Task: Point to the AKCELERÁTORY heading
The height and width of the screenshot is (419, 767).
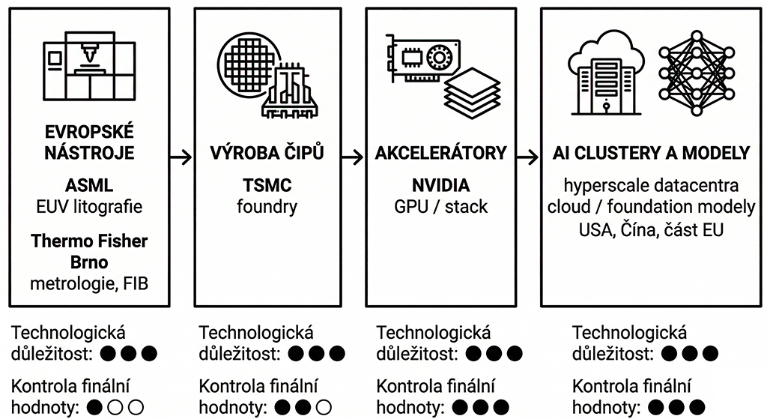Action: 440,154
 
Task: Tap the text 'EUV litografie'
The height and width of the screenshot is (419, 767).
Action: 89,205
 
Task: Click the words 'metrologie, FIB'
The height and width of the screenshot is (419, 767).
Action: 89,283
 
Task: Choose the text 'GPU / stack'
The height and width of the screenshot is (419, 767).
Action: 440,205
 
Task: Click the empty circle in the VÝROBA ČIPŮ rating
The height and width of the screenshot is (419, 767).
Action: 323,409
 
